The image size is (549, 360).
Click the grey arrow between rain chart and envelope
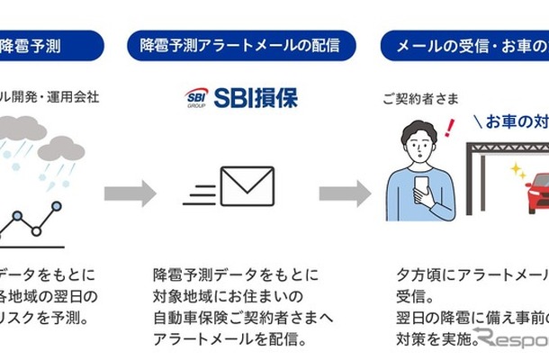[130, 193]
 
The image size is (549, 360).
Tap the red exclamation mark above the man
[449, 127]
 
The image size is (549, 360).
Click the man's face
[418, 149]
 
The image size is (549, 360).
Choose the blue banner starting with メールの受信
[464, 44]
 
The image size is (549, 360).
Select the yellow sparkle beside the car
[517, 170]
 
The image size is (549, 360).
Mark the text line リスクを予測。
[45, 318]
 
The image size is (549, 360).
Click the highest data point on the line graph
[56, 206]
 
